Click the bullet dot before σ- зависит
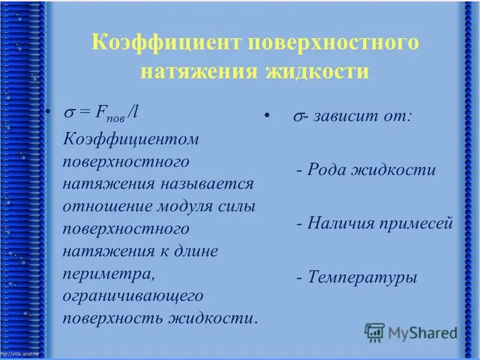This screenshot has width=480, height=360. [265, 114]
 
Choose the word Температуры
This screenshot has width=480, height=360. [363, 277]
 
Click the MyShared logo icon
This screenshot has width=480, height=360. [374, 332]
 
